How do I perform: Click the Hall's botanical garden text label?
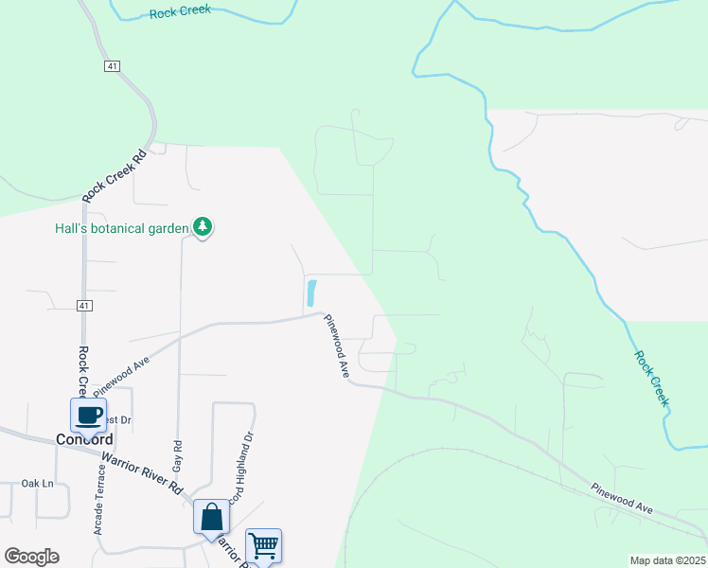pos(122,227)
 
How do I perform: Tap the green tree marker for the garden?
pos(202,226)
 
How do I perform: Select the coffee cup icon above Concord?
pos(89,415)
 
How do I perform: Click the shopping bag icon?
pos(211,517)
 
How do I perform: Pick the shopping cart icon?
pos(263,545)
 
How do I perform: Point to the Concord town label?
pos(84,439)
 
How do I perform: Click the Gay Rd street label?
pos(176,458)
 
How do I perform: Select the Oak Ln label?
pos(38,483)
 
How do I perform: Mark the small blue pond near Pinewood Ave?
pos(311,293)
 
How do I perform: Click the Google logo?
pos(31,557)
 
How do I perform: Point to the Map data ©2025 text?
pos(667,560)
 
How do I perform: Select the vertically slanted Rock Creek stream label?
pos(651,379)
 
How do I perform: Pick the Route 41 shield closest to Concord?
pos(84,305)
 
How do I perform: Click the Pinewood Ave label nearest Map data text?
pos(622,500)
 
